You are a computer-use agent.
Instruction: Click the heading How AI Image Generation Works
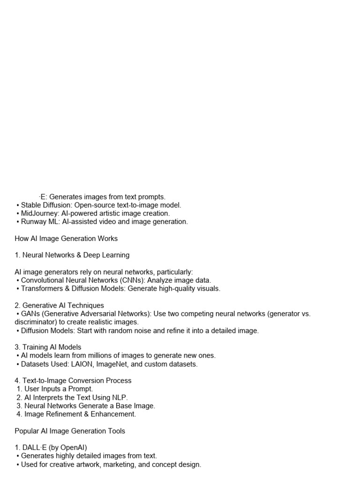(x=66, y=239)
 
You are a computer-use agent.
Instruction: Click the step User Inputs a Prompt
(x=59, y=389)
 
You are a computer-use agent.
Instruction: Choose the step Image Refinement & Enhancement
(x=80, y=414)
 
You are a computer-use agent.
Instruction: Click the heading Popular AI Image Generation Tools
(x=70, y=431)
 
